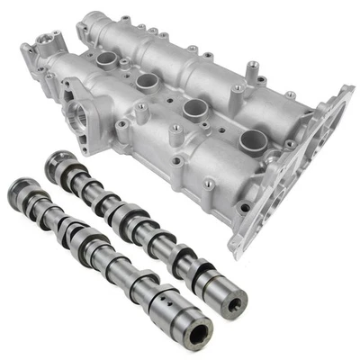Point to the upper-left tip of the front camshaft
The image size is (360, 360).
coord(16,188)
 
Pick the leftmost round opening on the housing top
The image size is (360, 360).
coord(107,59)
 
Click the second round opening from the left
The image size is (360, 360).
coord(148,80)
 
